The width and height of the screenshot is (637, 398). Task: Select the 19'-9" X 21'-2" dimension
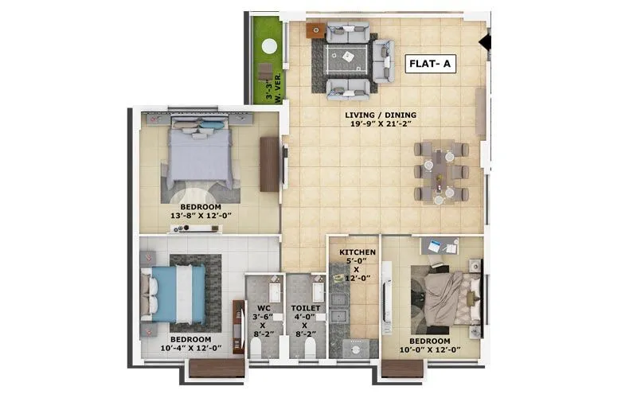tap(381, 126)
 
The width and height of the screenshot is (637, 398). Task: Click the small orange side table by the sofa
tap(314, 30)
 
